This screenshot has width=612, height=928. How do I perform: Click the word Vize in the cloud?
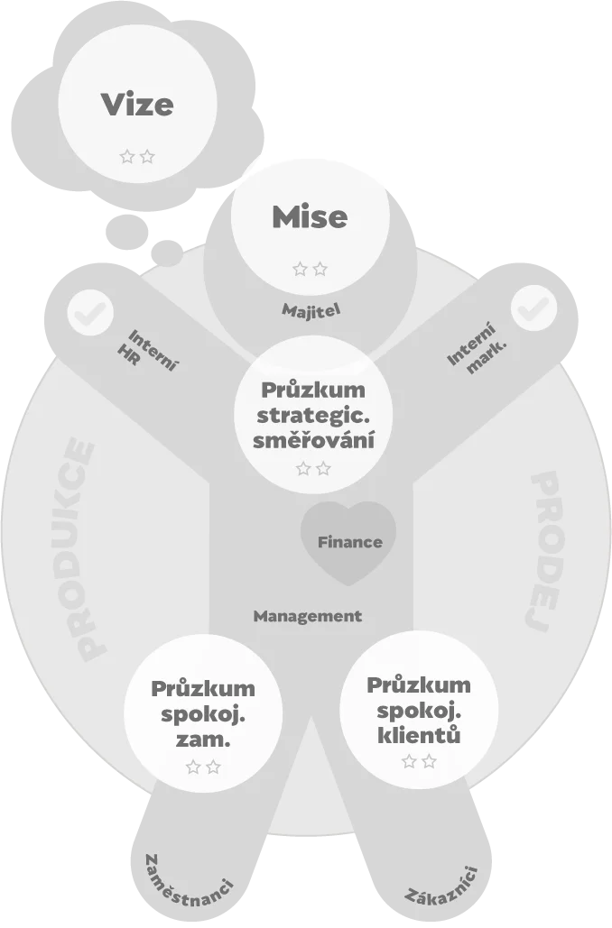(137, 105)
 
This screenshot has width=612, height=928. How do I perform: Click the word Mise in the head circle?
(310, 216)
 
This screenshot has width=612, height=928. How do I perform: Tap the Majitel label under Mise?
(311, 310)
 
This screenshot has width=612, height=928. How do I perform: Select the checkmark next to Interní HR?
(90, 311)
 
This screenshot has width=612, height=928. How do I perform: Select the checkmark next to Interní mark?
(533, 308)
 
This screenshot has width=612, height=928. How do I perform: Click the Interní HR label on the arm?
(147, 351)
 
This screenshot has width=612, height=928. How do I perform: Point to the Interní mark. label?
(477, 348)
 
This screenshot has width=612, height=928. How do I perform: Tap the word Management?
(308, 616)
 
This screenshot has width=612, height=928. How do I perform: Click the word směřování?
(313, 441)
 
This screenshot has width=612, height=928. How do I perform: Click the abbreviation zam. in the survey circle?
(203, 740)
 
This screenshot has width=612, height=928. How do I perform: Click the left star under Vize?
(127, 157)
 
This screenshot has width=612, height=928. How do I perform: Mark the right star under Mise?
(320, 270)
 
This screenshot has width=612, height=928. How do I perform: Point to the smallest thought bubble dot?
(167, 253)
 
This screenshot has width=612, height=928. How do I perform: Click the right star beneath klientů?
(429, 761)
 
